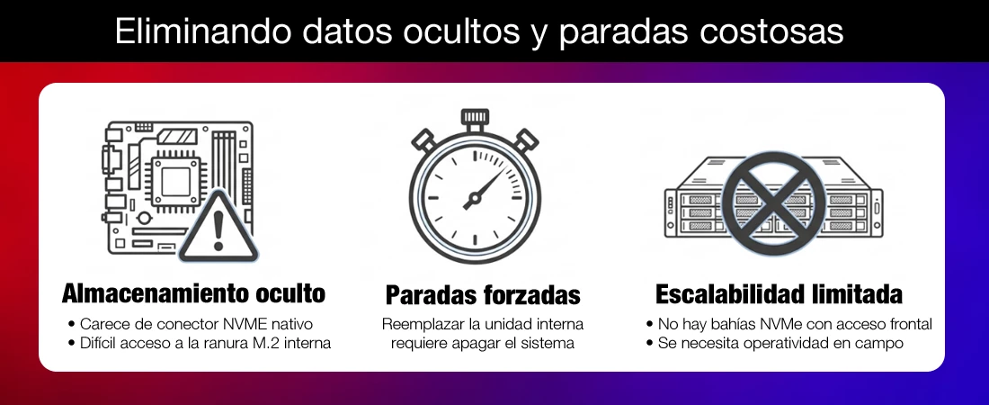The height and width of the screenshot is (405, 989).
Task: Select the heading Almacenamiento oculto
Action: tap(193, 293)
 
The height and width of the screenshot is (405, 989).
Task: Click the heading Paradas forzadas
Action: tap(483, 294)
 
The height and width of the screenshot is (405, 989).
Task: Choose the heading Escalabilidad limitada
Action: tap(779, 293)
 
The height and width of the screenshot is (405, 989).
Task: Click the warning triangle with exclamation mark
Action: tap(218, 228)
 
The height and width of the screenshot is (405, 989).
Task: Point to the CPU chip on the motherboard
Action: tap(174, 182)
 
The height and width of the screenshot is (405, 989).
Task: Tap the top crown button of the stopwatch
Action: tap(475, 118)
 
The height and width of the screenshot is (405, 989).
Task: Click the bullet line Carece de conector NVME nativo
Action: tap(191, 324)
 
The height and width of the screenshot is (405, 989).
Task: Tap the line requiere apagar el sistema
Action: tap(483, 343)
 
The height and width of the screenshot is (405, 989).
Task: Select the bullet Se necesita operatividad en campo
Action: tap(775, 343)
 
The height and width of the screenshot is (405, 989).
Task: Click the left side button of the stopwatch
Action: tap(423, 139)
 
